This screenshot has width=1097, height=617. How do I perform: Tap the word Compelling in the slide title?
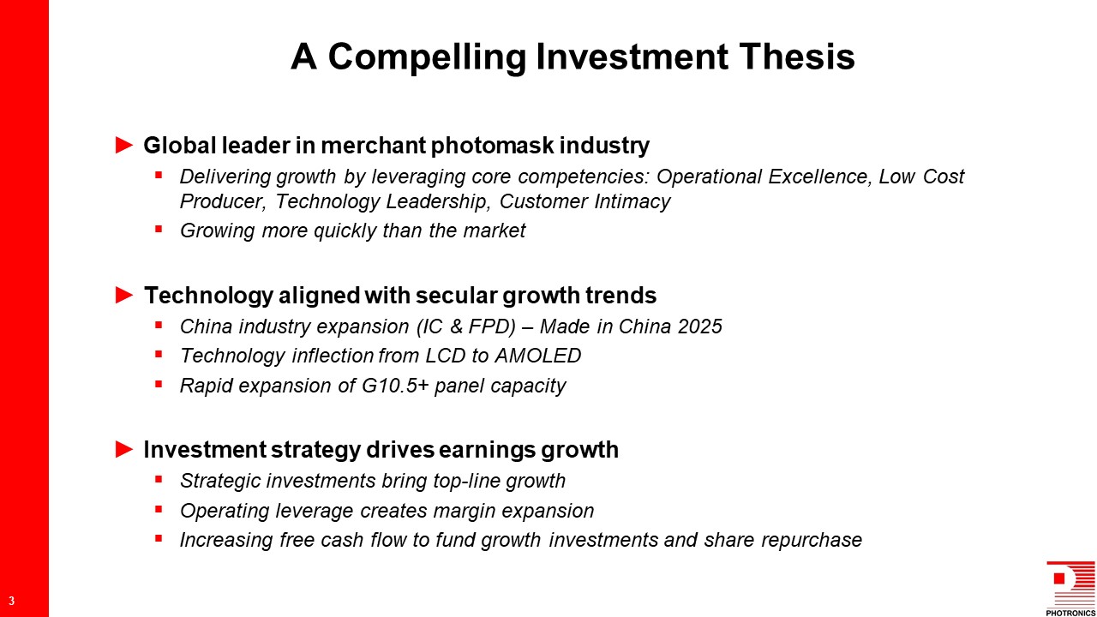click(x=427, y=57)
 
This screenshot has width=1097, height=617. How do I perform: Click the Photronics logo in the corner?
click(x=1070, y=589)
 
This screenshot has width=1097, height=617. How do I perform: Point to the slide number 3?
click(x=12, y=601)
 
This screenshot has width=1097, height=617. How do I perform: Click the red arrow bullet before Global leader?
click(x=124, y=145)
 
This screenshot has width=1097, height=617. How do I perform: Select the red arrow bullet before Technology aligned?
click(x=124, y=295)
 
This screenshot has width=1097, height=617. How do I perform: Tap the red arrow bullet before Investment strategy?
click(x=124, y=449)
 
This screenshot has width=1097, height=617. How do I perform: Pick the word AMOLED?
click(x=537, y=356)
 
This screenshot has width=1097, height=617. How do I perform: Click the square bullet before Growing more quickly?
click(x=159, y=229)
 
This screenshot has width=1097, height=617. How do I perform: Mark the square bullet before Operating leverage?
click(x=159, y=509)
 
